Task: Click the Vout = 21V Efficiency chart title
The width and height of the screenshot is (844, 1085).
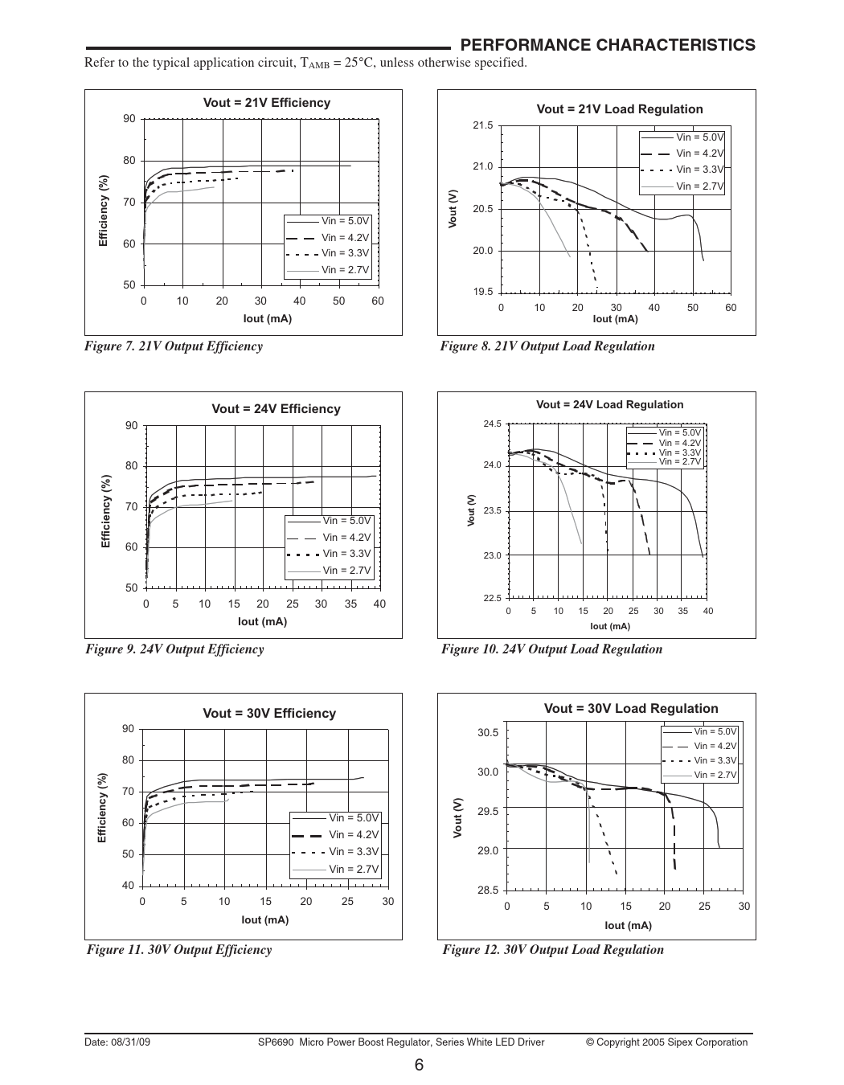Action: click(x=266, y=103)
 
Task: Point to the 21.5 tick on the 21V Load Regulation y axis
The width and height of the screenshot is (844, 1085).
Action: click(x=483, y=126)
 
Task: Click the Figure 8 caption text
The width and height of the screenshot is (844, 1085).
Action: click(x=547, y=346)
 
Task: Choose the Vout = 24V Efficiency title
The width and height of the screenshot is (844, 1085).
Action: click(x=276, y=409)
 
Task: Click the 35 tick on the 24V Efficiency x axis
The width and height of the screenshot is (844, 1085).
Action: click(x=350, y=604)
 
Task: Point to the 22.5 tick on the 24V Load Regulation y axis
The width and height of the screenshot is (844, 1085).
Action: click(x=493, y=598)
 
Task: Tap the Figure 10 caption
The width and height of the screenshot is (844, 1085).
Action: click(x=551, y=649)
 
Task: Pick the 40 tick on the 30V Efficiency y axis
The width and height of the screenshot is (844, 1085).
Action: click(x=128, y=886)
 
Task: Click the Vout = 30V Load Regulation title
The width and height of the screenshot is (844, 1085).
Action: click(x=631, y=708)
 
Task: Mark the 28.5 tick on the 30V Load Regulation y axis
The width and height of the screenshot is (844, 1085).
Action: click(x=488, y=890)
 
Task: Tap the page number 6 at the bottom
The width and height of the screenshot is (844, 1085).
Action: click(x=420, y=1066)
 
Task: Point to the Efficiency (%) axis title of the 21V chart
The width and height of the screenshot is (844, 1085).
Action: click(x=103, y=211)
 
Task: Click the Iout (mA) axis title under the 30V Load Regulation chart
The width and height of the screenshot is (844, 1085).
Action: click(x=628, y=925)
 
